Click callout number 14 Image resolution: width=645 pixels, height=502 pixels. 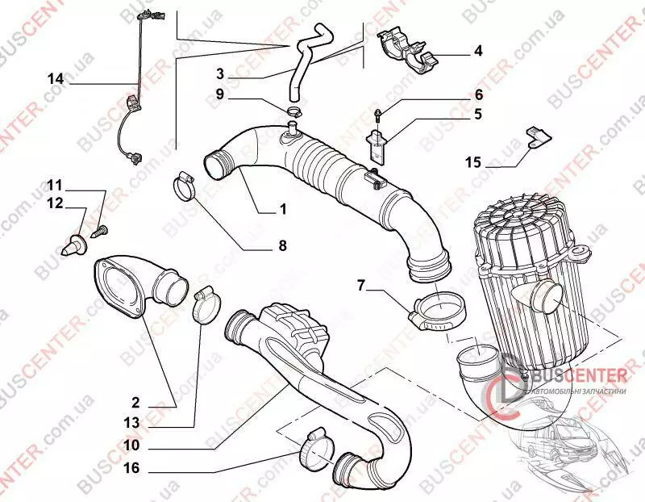(x=55, y=79)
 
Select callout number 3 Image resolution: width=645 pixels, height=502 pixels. (x=219, y=73)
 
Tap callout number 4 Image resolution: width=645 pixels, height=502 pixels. (x=478, y=52)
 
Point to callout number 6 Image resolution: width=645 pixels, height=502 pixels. (x=478, y=94)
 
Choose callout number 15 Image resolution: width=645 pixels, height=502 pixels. (x=473, y=162)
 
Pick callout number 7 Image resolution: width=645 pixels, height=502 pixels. (x=361, y=285)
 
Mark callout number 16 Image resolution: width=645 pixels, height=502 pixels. (x=132, y=467)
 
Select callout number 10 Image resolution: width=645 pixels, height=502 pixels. (x=132, y=445)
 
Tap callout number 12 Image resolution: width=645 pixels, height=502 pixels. (x=55, y=205)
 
